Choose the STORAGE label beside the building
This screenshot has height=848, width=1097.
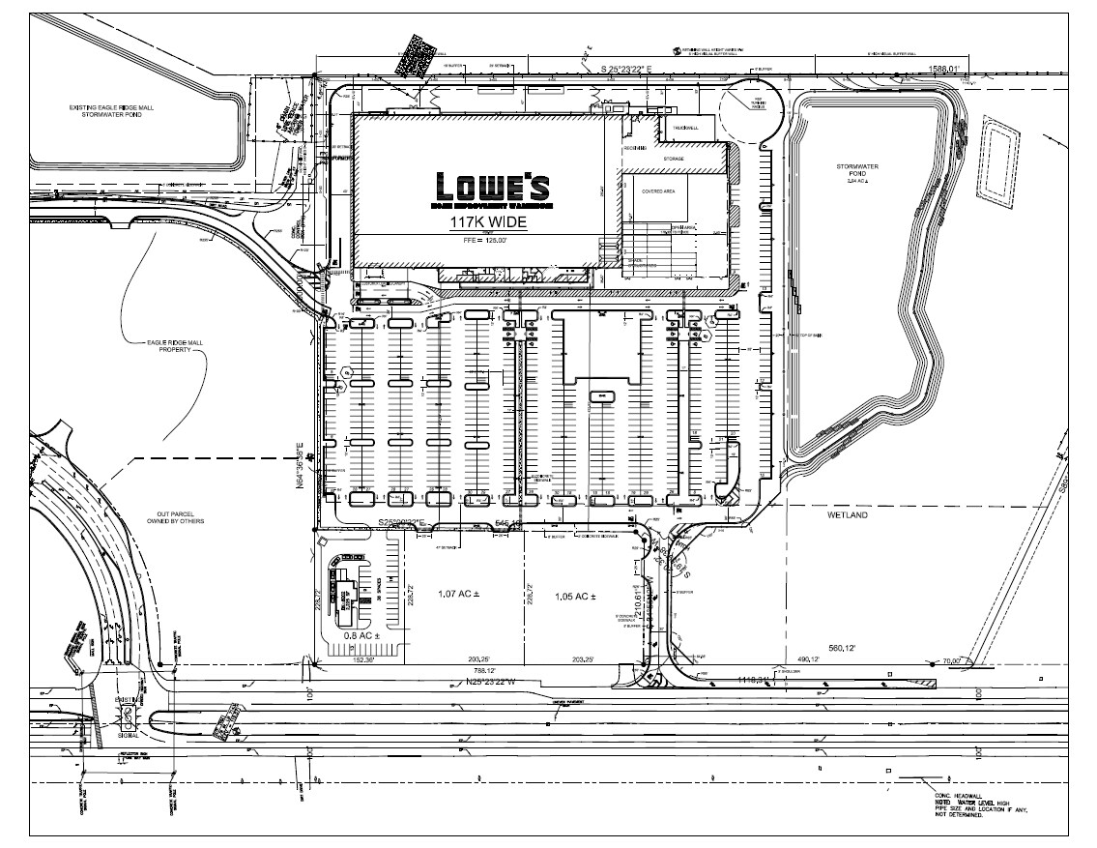pyautogui.click(x=674, y=159)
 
